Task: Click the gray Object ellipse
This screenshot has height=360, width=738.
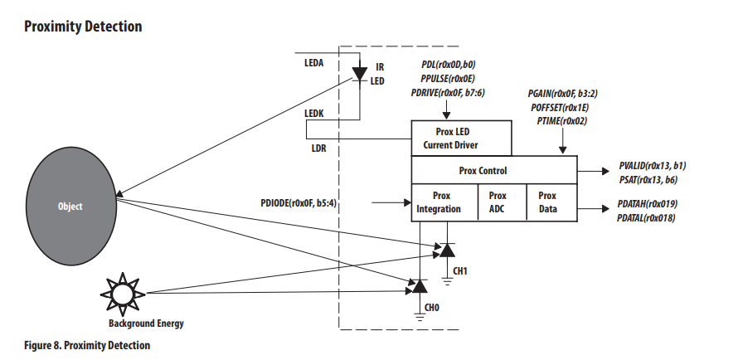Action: [70, 206]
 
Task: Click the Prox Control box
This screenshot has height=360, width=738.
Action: [494, 171]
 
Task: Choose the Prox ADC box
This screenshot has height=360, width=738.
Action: [498, 202]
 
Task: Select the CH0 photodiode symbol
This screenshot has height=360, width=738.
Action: [420, 287]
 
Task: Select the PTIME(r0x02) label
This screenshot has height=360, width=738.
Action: [562, 121]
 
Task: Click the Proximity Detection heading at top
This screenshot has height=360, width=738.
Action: [83, 27]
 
